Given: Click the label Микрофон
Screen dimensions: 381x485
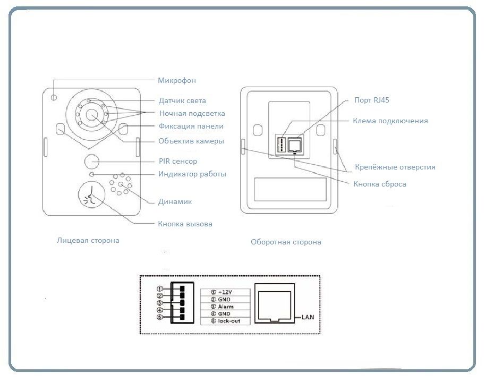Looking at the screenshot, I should point(176,81).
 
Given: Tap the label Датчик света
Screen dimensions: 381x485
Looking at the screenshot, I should point(182,101).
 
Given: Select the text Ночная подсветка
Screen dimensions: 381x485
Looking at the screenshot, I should point(192,114).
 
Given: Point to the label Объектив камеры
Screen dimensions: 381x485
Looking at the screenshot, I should point(191,141).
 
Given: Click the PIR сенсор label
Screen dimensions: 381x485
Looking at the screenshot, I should point(177,162).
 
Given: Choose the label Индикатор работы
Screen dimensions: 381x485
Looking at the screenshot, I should point(192,174).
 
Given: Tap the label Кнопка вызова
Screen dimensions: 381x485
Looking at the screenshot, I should point(185,224).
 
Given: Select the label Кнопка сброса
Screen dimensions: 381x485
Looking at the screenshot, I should point(379,184).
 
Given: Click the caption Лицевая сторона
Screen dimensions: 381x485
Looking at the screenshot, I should point(88,241).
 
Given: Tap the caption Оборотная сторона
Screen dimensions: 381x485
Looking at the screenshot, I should point(286,242).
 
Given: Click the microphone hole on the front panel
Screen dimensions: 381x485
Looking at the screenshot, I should point(55,97).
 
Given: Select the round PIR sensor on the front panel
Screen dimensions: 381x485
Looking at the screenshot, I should point(92,161).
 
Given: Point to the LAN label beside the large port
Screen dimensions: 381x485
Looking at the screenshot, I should point(309,318).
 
